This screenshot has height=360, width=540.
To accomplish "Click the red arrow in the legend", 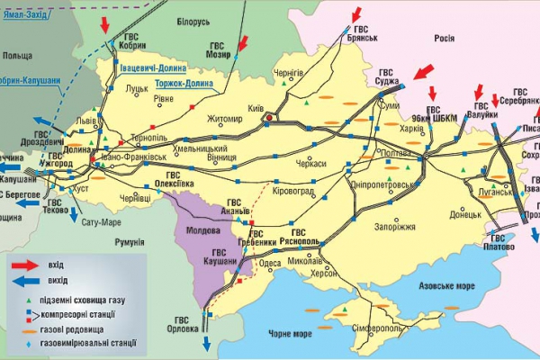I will click(x=35, y=265).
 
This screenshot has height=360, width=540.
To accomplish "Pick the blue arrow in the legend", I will click(x=35, y=280).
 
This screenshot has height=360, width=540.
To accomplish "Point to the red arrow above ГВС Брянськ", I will click(x=357, y=13).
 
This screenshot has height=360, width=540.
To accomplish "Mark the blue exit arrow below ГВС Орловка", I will click(x=206, y=345).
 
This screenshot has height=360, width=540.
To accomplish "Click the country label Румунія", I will click(x=130, y=241).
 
